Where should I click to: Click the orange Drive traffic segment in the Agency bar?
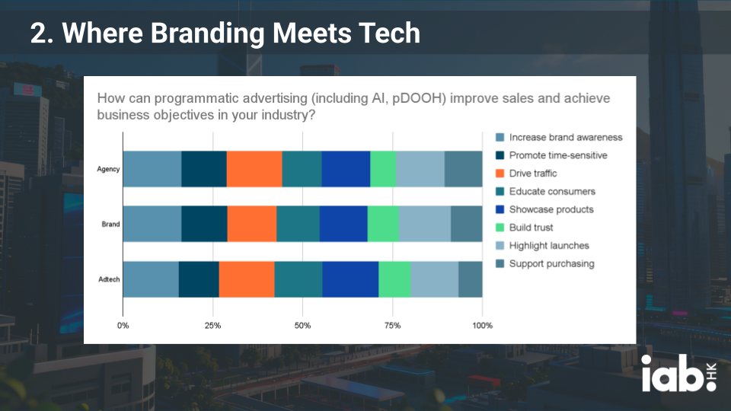coord(254,169)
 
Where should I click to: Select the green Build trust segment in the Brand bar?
coord(383,224)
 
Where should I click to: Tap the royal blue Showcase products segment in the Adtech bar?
coord(350,279)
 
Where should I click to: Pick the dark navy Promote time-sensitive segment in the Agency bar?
coord(204,169)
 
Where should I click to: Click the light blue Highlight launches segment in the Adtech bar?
coord(435,279)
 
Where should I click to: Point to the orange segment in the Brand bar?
coord(252,224)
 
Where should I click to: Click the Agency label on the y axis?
coord(109,169)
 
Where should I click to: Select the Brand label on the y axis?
coord(110,225)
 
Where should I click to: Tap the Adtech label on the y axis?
coord(109,279)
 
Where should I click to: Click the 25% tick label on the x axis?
coord(212,326)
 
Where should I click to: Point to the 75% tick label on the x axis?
coord(392,326)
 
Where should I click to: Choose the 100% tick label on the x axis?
coord(482,326)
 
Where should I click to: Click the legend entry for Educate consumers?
coord(552,191)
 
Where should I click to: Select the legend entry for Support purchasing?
coord(551,264)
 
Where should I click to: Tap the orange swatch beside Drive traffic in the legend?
coord(500,174)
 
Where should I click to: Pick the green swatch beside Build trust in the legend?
coord(500,228)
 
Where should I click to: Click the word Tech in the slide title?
coord(388,33)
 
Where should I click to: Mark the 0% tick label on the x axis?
coord(123,326)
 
